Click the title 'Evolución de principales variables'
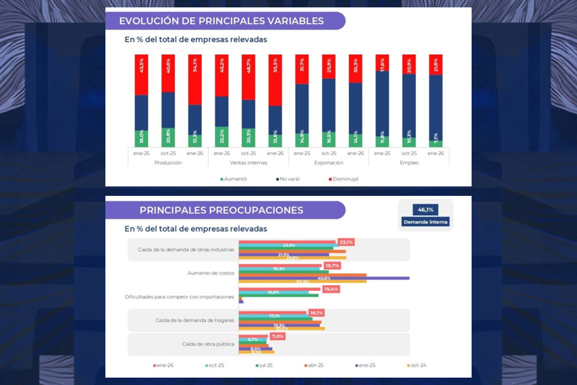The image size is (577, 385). pyautogui.click(x=221, y=21)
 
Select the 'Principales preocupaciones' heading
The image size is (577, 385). pyautogui.click(x=221, y=210)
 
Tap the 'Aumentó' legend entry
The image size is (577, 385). pyautogui.click(x=233, y=179)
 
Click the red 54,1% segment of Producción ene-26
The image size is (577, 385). pyautogui.click(x=195, y=79)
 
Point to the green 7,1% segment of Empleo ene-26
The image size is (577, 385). pyautogui.click(x=436, y=143)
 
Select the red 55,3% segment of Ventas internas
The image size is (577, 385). pyautogui.click(x=275, y=80)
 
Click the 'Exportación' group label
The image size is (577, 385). pyautogui.click(x=329, y=163)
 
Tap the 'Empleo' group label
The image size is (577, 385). pyautogui.click(x=409, y=163)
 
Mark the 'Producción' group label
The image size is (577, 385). pyautogui.click(x=168, y=163)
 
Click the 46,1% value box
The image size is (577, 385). pyautogui.click(x=425, y=209)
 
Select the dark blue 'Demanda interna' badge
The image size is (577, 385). pyautogui.click(x=425, y=222)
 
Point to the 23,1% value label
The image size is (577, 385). pyautogui.click(x=346, y=242)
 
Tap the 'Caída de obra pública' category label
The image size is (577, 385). pyautogui.click(x=208, y=344)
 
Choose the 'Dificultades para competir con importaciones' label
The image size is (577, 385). pyautogui.click(x=180, y=296)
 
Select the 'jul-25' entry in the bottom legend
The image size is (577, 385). pyautogui.click(x=264, y=366)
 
